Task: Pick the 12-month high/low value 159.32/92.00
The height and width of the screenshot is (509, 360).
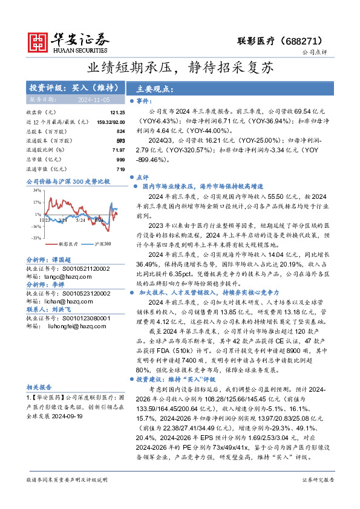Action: point(108,122)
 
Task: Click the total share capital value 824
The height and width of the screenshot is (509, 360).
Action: point(120,131)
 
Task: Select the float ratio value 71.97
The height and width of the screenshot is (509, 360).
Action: point(118,149)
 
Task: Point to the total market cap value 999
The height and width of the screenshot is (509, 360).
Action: point(120,159)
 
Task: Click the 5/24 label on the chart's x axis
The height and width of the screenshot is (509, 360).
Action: point(80,219)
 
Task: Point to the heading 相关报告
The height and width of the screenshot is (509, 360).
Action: point(39,387)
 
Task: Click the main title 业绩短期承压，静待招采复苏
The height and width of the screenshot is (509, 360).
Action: point(180,66)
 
